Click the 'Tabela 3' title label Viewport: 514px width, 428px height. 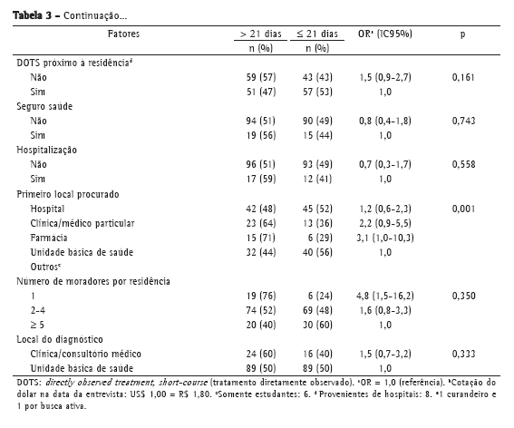(33, 15)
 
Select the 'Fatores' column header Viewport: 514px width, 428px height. (123, 34)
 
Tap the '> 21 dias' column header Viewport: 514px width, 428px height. (260, 34)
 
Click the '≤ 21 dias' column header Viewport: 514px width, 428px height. (317, 34)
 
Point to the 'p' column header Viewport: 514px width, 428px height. (462, 34)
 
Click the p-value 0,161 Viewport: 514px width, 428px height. (463, 77)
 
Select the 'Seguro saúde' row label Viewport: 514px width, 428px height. (44, 106)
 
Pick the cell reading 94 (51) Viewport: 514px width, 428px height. (261, 121)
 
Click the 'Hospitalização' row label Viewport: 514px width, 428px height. (47, 150)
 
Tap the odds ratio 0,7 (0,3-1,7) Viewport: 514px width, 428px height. (385, 164)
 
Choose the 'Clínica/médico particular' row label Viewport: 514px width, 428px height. (82, 223)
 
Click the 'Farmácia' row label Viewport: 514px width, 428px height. (49, 238)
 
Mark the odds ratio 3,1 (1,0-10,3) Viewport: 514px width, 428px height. (385, 238)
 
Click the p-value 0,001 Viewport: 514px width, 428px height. (463, 209)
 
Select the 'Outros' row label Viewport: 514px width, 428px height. (45, 267)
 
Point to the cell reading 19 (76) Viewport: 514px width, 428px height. (261, 296)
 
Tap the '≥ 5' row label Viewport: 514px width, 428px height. (37, 325)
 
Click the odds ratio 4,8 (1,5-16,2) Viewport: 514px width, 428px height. (385, 296)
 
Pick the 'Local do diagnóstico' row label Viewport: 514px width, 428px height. (60, 339)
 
